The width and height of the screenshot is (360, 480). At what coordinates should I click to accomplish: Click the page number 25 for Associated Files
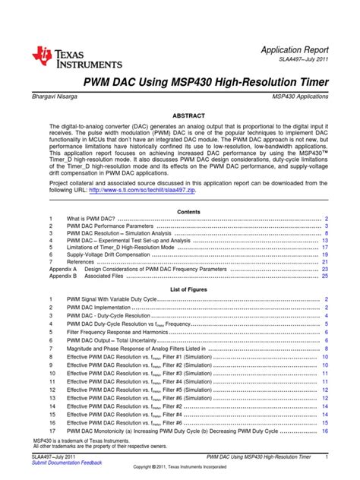[324, 276]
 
